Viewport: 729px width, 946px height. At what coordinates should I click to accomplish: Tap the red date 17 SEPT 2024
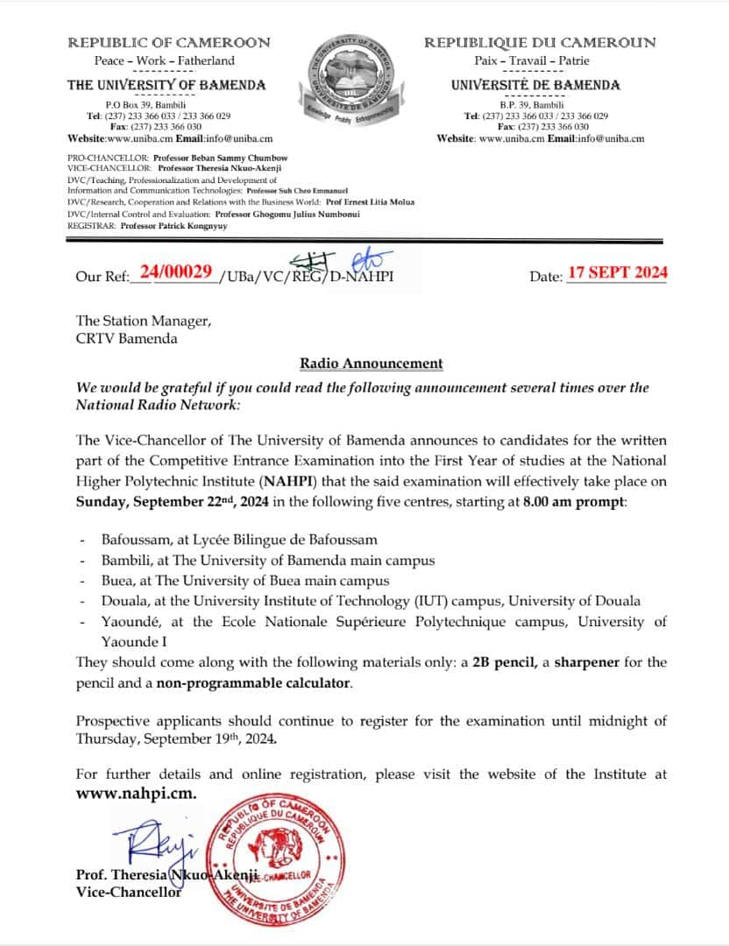(x=617, y=272)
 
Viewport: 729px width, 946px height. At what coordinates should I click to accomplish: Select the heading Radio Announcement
(x=372, y=363)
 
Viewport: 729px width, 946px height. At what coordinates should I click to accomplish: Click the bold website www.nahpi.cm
(x=136, y=793)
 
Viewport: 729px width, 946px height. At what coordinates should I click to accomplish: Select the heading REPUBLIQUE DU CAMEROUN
(x=540, y=42)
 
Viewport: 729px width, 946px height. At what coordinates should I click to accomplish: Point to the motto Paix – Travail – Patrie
(x=539, y=60)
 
